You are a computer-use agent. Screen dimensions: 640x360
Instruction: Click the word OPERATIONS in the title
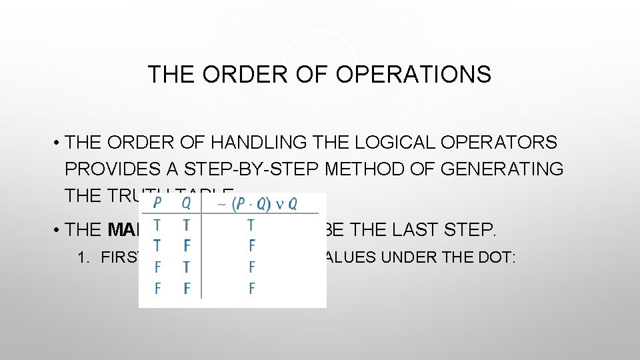coord(413,74)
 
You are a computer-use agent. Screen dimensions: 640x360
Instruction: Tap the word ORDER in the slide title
coord(237,74)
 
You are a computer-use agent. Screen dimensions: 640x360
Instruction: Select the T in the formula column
coord(251,225)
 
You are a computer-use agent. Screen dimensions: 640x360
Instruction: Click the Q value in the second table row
coord(187,245)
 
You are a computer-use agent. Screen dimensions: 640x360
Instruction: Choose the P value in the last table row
coord(157,289)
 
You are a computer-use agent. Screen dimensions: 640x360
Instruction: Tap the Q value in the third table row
coord(187,267)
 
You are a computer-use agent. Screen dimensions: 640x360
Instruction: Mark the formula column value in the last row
coord(251,289)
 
